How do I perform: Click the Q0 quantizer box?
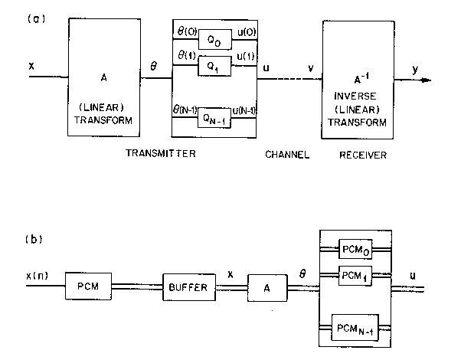215,39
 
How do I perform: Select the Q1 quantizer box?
214,66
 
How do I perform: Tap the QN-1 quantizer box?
214,118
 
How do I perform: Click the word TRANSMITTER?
161,153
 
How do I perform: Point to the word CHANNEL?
287,155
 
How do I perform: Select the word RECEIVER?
363,155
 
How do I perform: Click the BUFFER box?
189,287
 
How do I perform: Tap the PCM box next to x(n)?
88,286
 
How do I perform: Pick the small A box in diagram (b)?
267,288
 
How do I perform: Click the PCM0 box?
355,250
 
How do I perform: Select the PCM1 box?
355,276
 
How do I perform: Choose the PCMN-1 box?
355,328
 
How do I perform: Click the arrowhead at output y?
427,80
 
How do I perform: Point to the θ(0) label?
188,31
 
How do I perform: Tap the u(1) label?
246,56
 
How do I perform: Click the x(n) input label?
37,276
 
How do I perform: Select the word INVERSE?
355,97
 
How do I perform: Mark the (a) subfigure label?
37,19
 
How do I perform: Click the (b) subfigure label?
34,239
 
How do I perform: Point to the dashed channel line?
290,79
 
